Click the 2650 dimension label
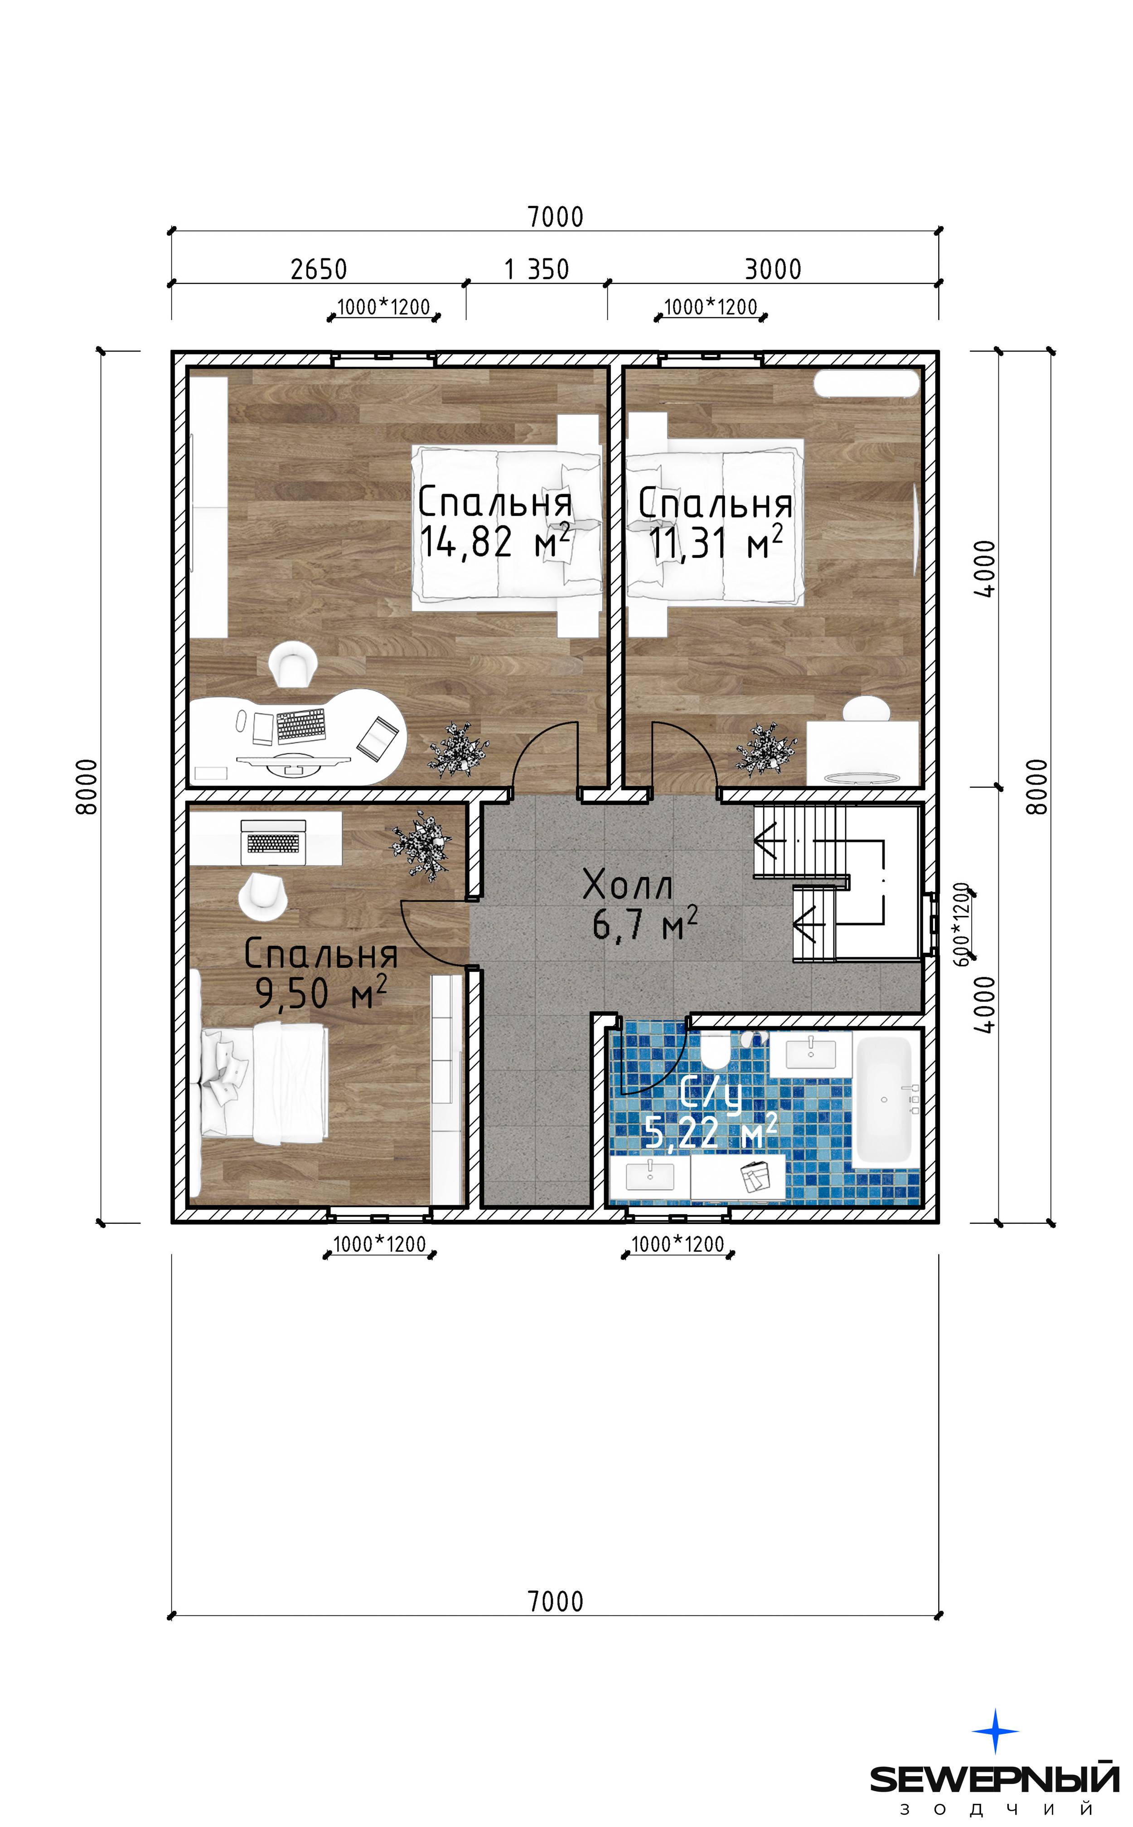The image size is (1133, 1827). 319,269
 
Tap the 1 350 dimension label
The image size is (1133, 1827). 537,269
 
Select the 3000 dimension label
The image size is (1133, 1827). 773,269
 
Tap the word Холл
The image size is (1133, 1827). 628,885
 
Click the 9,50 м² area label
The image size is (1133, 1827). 321,993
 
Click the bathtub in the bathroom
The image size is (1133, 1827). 884,1100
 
